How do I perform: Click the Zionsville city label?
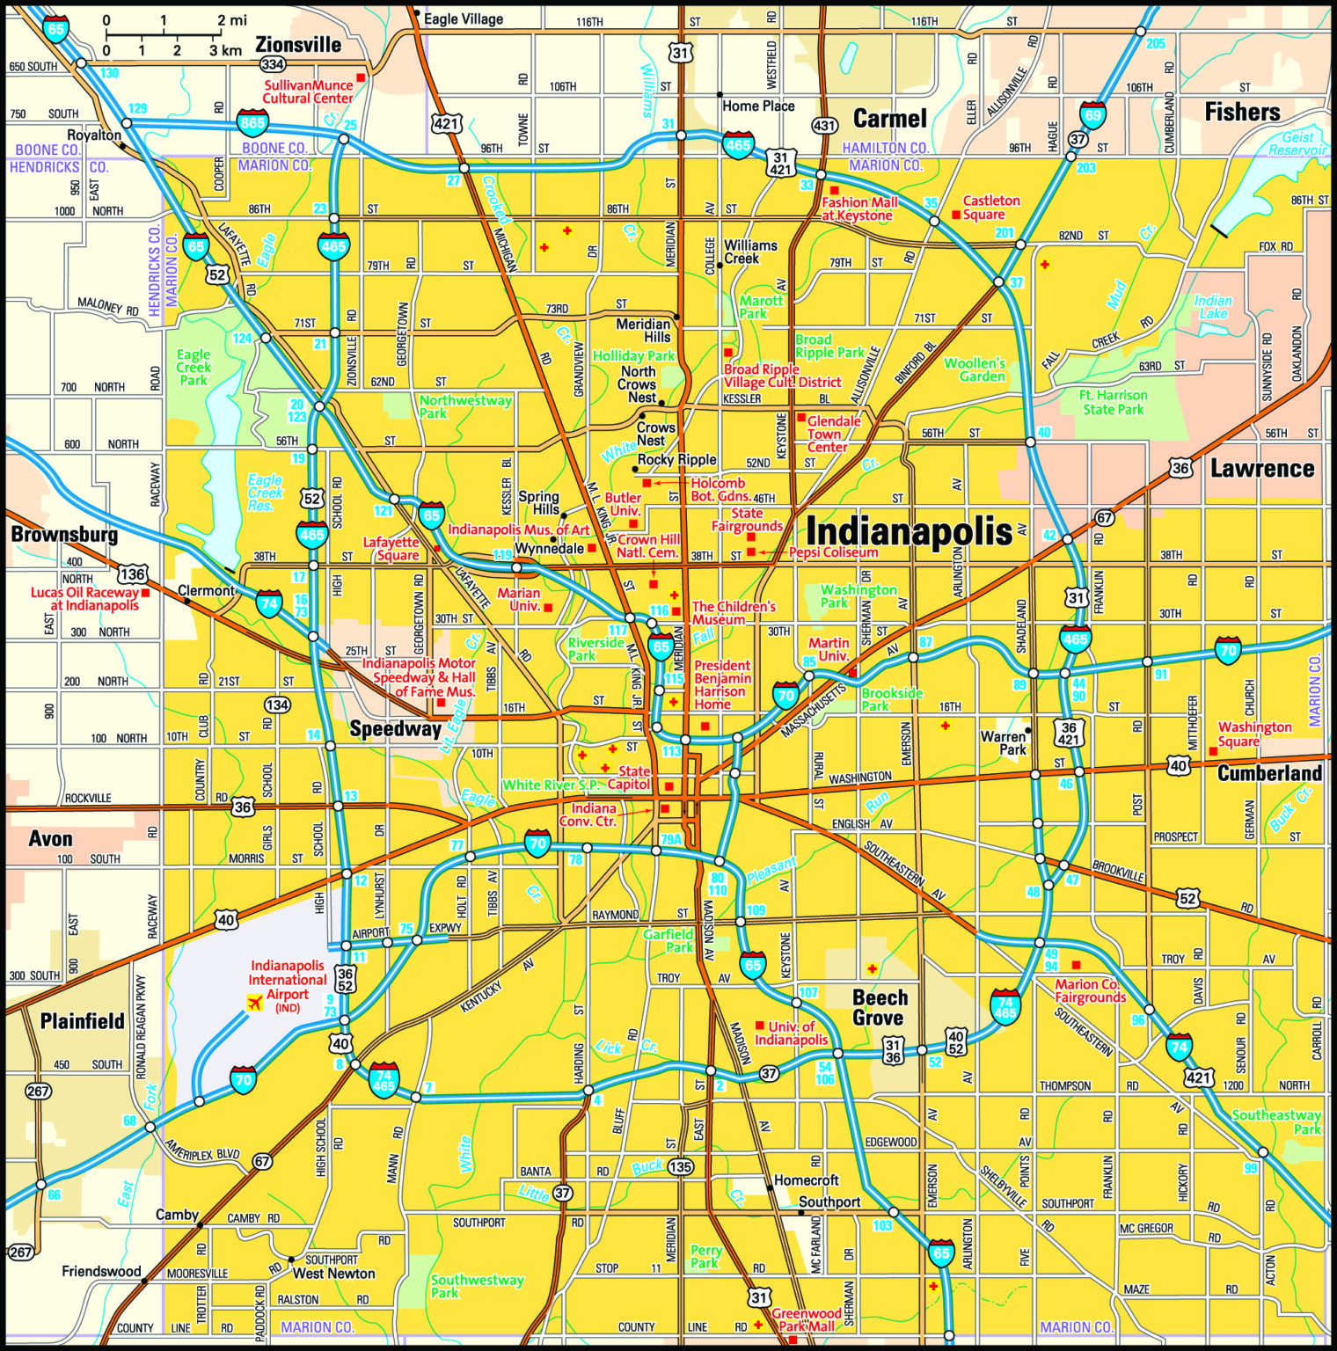298,44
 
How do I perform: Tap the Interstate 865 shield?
252,122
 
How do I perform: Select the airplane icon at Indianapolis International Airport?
255,1002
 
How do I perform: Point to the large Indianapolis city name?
909,532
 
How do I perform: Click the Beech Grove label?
880,1008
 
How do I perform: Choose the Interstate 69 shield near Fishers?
1092,115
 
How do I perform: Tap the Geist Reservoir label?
1297,143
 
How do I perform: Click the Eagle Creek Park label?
194,368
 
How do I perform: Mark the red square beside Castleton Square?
956,215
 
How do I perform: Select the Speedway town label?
395,728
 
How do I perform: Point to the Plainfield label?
83,1021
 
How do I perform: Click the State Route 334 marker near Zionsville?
273,64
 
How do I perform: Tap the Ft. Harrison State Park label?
1113,402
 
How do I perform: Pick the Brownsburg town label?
64,534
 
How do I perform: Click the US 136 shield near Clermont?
132,575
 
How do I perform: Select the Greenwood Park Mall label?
807,1319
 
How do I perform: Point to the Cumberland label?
1269,773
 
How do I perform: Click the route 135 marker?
680,1167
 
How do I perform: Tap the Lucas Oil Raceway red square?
145,593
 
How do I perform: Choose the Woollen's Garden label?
975,369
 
